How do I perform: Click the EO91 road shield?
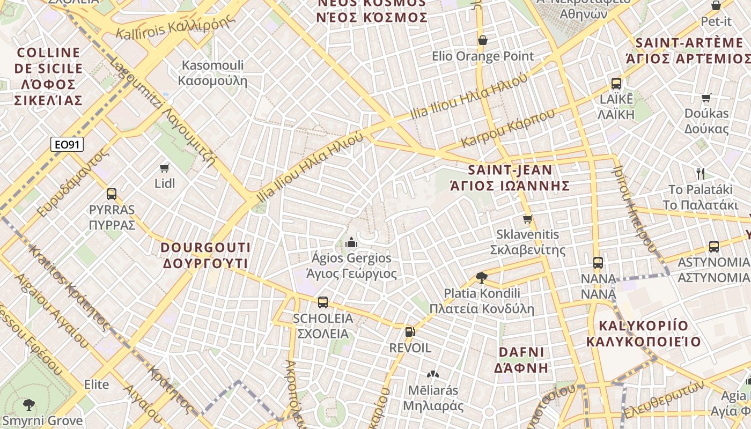pyautogui.click(x=67, y=144)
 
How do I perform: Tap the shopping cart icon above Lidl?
pyautogui.click(x=165, y=168)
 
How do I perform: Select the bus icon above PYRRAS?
pyautogui.click(x=112, y=194)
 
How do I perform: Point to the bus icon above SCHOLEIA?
pyautogui.click(x=322, y=302)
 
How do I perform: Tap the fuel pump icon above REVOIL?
pyautogui.click(x=410, y=332)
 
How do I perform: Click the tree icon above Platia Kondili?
pyautogui.click(x=481, y=277)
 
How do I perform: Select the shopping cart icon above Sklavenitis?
pyautogui.click(x=527, y=219)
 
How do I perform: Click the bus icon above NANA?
pyautogui.click(x=598, y=263)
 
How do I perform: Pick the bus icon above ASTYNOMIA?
pyautogui.click(x=713, y=247)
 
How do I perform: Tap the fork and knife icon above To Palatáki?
pyautogui.click(x=700, y=173)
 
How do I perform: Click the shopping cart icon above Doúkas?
pyautogui.click(x=706, y=98)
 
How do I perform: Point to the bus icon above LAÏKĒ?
pyautogui.click(x=616, y=84)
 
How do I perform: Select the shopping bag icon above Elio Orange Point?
pyautogui.click(x=482, y=40)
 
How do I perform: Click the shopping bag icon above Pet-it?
pyautogui.click(x=716, y=6)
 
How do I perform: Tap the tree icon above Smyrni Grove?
pyautogui.click(x=29, y=404)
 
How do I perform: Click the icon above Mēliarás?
pyautogui.click(x=432, y=374)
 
